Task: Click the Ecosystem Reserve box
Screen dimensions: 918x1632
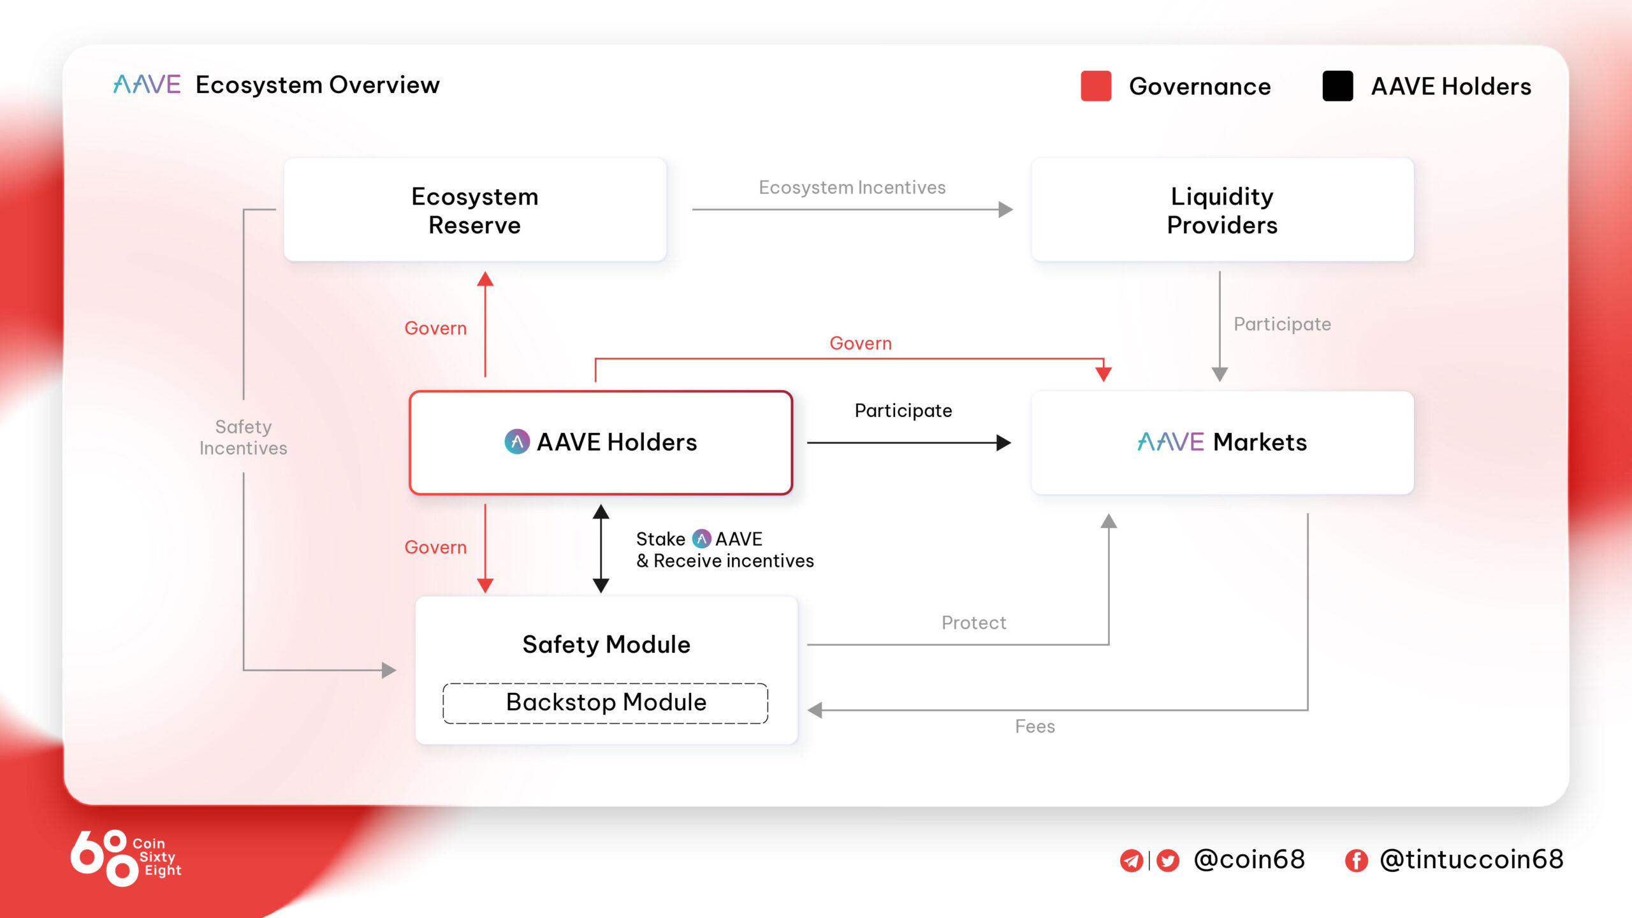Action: pos(475,210)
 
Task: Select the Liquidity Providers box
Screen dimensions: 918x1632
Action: pos(1222,210)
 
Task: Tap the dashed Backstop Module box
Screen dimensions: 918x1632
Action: pos(606,703)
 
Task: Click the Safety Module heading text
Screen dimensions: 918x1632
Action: pos(606,645)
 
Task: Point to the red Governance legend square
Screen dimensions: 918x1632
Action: pos(1096,86)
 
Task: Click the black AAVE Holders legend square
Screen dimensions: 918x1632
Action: pos(1337,86)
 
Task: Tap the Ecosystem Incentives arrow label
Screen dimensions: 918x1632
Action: pos(852,187)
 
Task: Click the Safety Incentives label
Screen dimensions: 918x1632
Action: pos(243,437)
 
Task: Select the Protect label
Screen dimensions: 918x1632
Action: pos(973,623)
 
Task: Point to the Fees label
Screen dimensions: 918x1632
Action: pos(1035,727)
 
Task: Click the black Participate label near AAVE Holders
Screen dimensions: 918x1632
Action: pos(903,411)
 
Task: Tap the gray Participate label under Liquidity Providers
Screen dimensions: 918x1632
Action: pos(1282,324)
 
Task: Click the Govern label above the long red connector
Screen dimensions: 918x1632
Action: pos(860,344)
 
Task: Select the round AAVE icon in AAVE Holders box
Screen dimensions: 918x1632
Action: pos(517,442)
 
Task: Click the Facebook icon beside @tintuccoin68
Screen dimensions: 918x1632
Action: pos(1356,861)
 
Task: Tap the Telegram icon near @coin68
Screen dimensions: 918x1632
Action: pos(1132,861)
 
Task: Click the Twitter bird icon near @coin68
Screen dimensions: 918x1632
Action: pos(1168,861)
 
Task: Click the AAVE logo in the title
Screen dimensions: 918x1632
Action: pos(147,85)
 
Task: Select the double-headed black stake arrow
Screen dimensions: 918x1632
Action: pos(601,548)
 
